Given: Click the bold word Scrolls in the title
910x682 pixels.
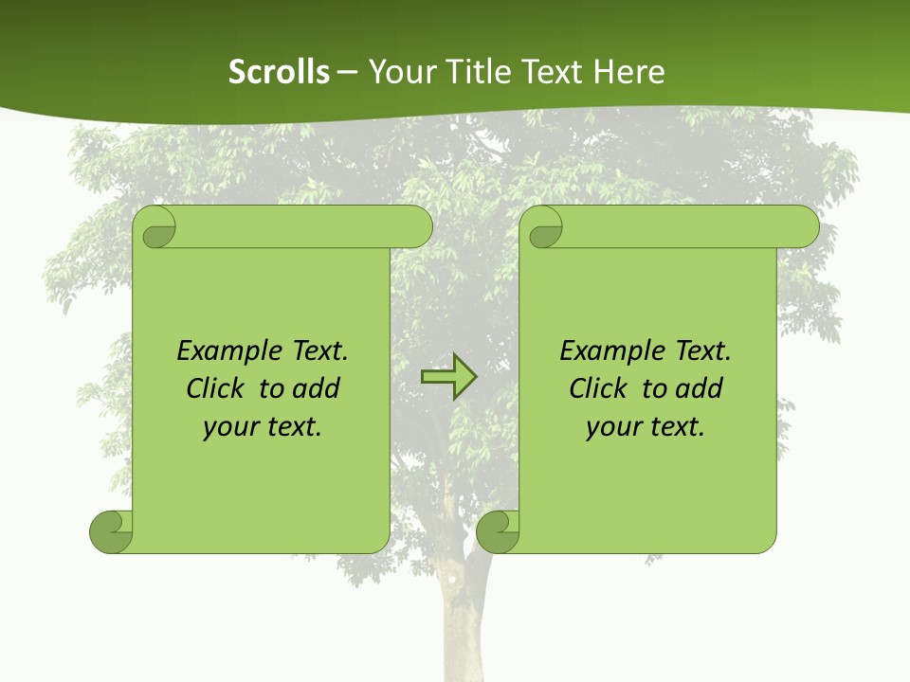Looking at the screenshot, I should coord(280,72).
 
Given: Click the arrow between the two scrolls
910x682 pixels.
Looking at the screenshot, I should coord(448,377).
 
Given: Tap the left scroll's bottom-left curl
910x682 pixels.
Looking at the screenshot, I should coord(112,531).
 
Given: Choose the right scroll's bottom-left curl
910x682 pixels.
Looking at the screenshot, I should coord(499,531).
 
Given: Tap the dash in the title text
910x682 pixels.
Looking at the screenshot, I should coord(348,72).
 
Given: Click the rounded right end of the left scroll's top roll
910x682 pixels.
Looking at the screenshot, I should coord(417,227).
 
